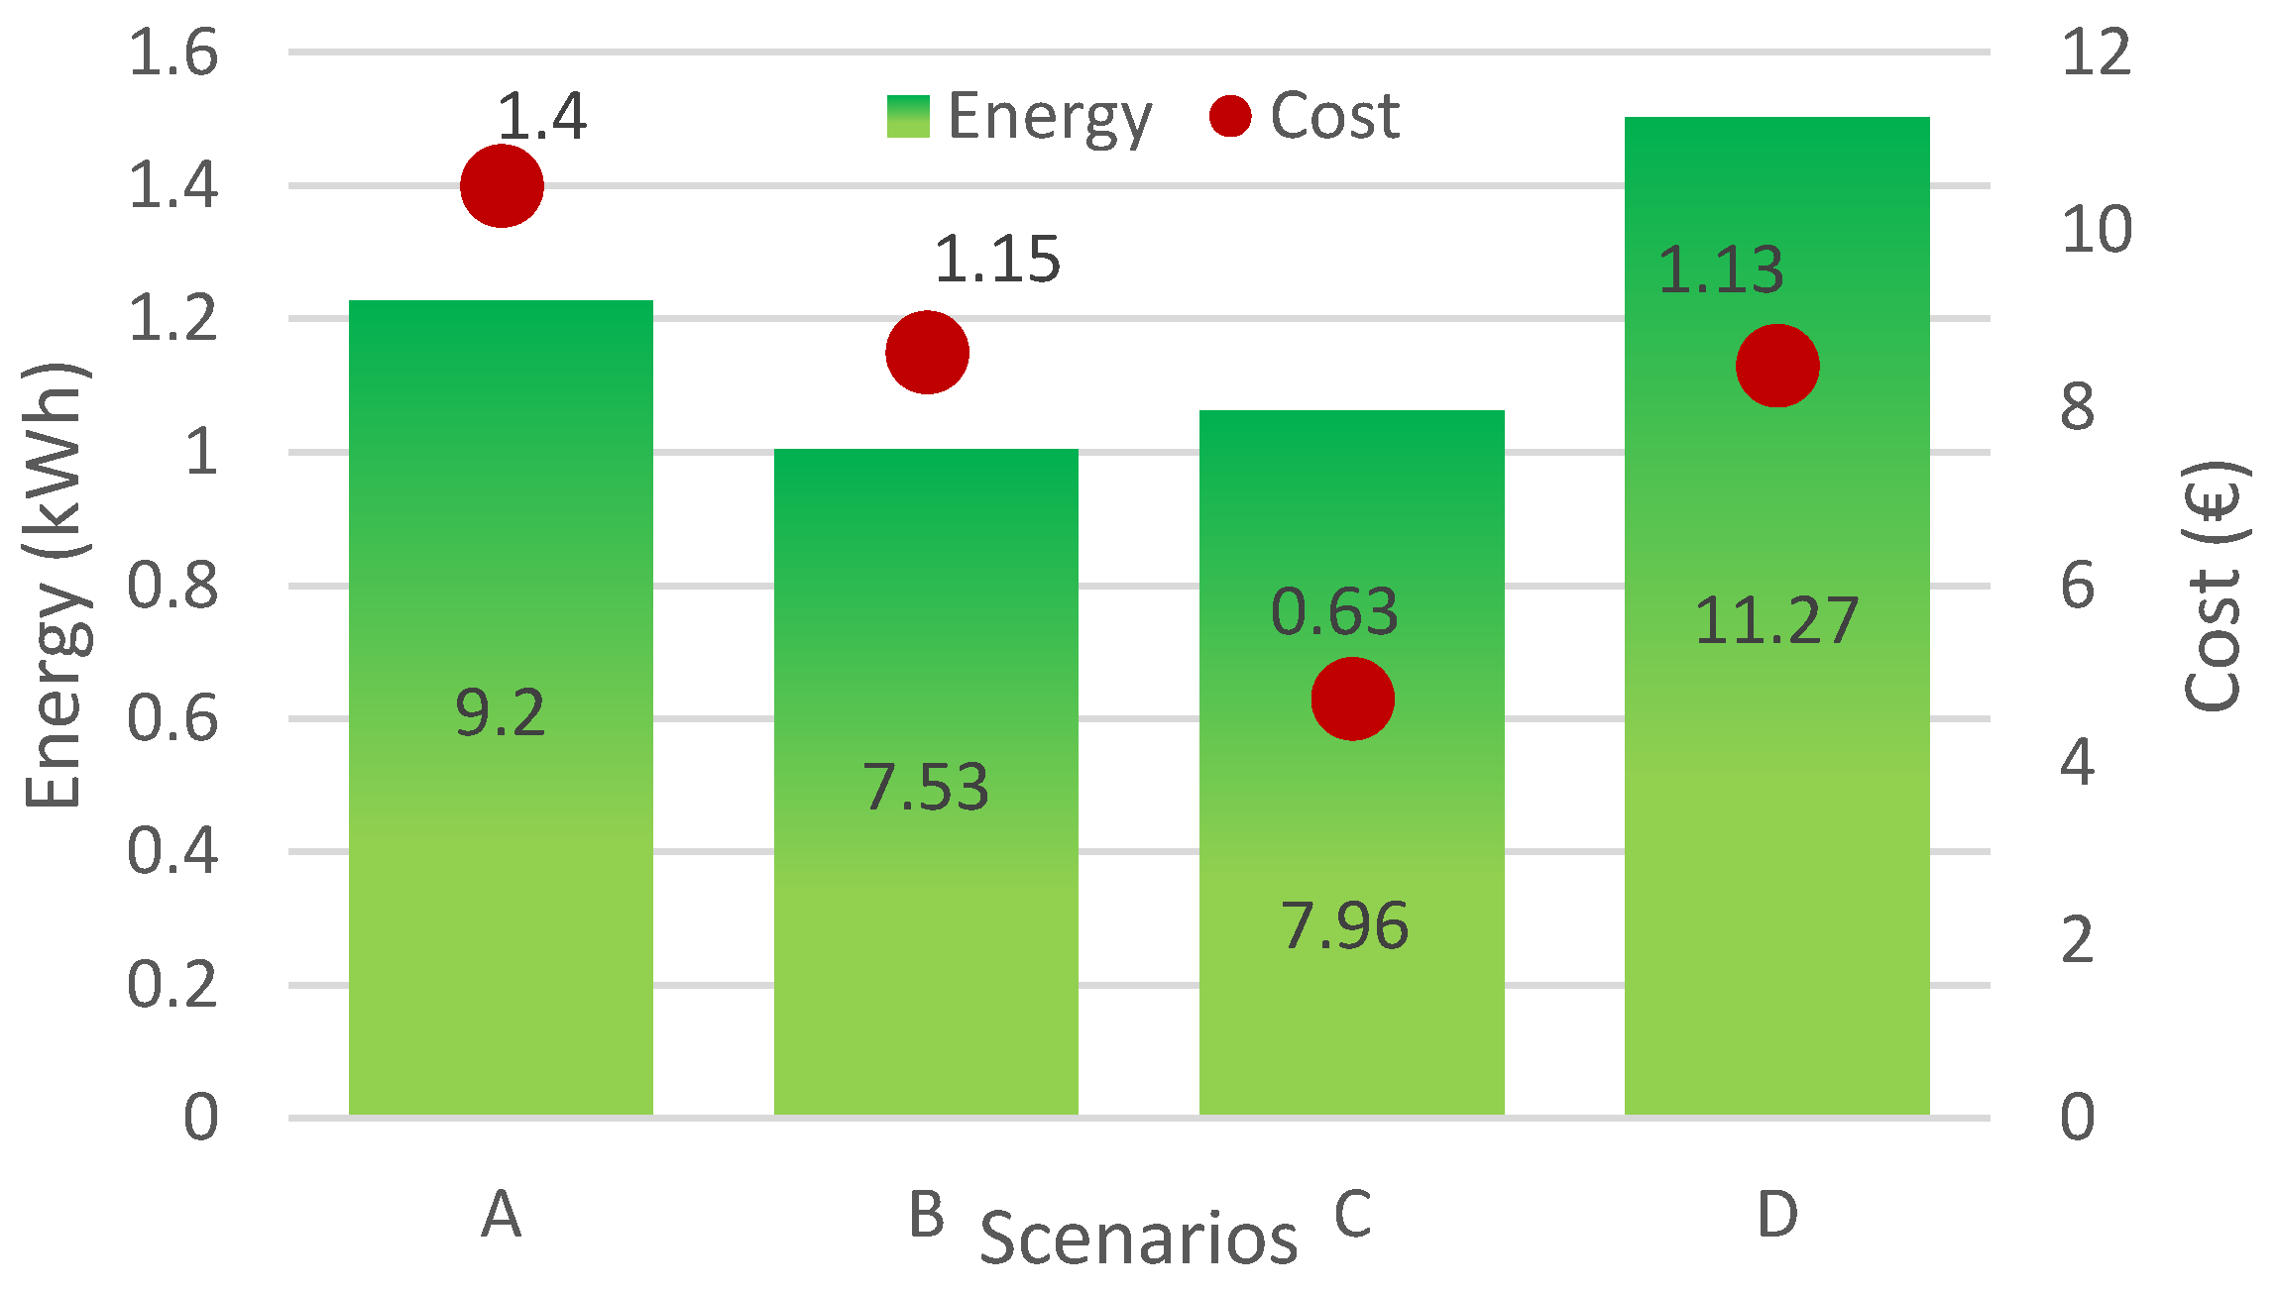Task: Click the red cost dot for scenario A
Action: (x=502, y=186)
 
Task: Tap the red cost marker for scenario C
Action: (x=1352, y=699)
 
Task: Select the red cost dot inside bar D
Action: (x=1776, y=366)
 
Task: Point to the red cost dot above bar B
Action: (x=927, y=353)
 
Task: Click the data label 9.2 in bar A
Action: (x=500, y=712)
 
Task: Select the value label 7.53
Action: (x=926, y=788)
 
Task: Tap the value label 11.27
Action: (x=1776, y=622)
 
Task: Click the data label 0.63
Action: (x=1334, y=611)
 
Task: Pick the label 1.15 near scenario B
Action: (x=997, y=260)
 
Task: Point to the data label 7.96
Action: (x=1344, y=926)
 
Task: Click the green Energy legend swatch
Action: (x=908, y=117)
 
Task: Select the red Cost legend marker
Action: (x=1230, y=116)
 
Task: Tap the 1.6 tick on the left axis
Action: (x=173, y=53)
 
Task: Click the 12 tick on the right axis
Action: (x=2096, y=53)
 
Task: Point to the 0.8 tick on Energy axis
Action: (x=173, y=586)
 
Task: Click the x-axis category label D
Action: (x=1776, y=1215)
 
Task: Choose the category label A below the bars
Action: (x=502, y=1215)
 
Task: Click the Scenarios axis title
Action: (x=1138, y=1239)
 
